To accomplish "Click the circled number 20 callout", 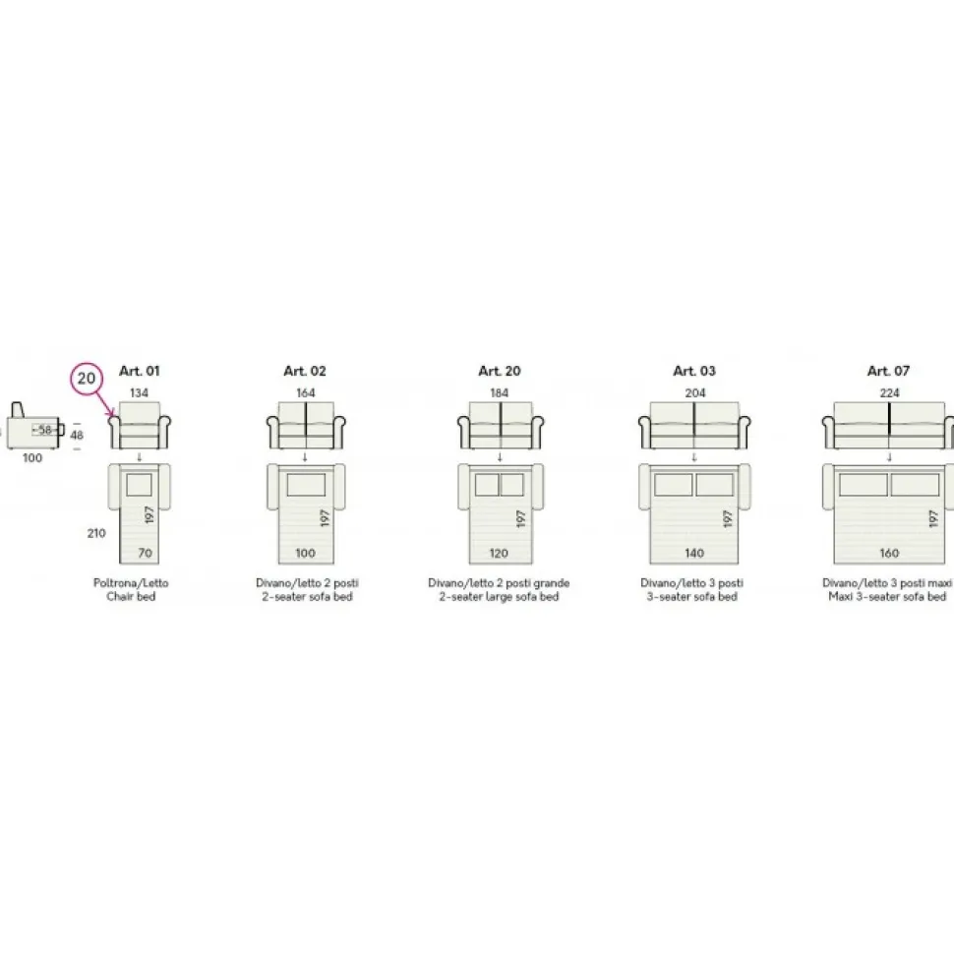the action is point(87,379).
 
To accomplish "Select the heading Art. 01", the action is point(140,371).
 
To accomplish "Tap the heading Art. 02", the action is point(305,371).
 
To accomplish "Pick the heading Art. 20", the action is point(500,371).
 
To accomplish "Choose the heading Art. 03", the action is point(694,371).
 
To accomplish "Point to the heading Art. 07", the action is point(888,371).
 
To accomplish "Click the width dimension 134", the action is point(139,393).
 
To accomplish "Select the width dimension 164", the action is point(306,393).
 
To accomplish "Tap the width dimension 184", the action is point(500,393).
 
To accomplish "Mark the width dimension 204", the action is point(694,393).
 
